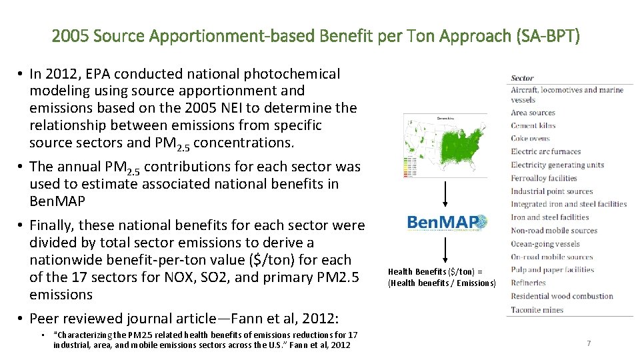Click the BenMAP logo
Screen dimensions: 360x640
point(447,222)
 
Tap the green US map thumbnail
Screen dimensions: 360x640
point(445,145)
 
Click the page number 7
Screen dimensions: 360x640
point(589,343)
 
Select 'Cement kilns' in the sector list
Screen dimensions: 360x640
point(533,125)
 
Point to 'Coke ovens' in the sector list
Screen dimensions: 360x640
point(531,139)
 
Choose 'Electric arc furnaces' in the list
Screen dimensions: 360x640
point(546,151)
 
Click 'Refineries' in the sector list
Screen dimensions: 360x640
point(528,283)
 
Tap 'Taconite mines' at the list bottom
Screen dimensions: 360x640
point(537,309)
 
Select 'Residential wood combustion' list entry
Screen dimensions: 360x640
point(562,296)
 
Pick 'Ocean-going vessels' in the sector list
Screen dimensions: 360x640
point(545,244)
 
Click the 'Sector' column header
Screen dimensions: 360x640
point(523,78)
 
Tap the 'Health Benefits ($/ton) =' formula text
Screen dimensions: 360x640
point(434,271)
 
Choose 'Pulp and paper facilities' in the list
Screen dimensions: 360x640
point(552,270)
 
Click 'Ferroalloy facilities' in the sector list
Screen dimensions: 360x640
point(544,178)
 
